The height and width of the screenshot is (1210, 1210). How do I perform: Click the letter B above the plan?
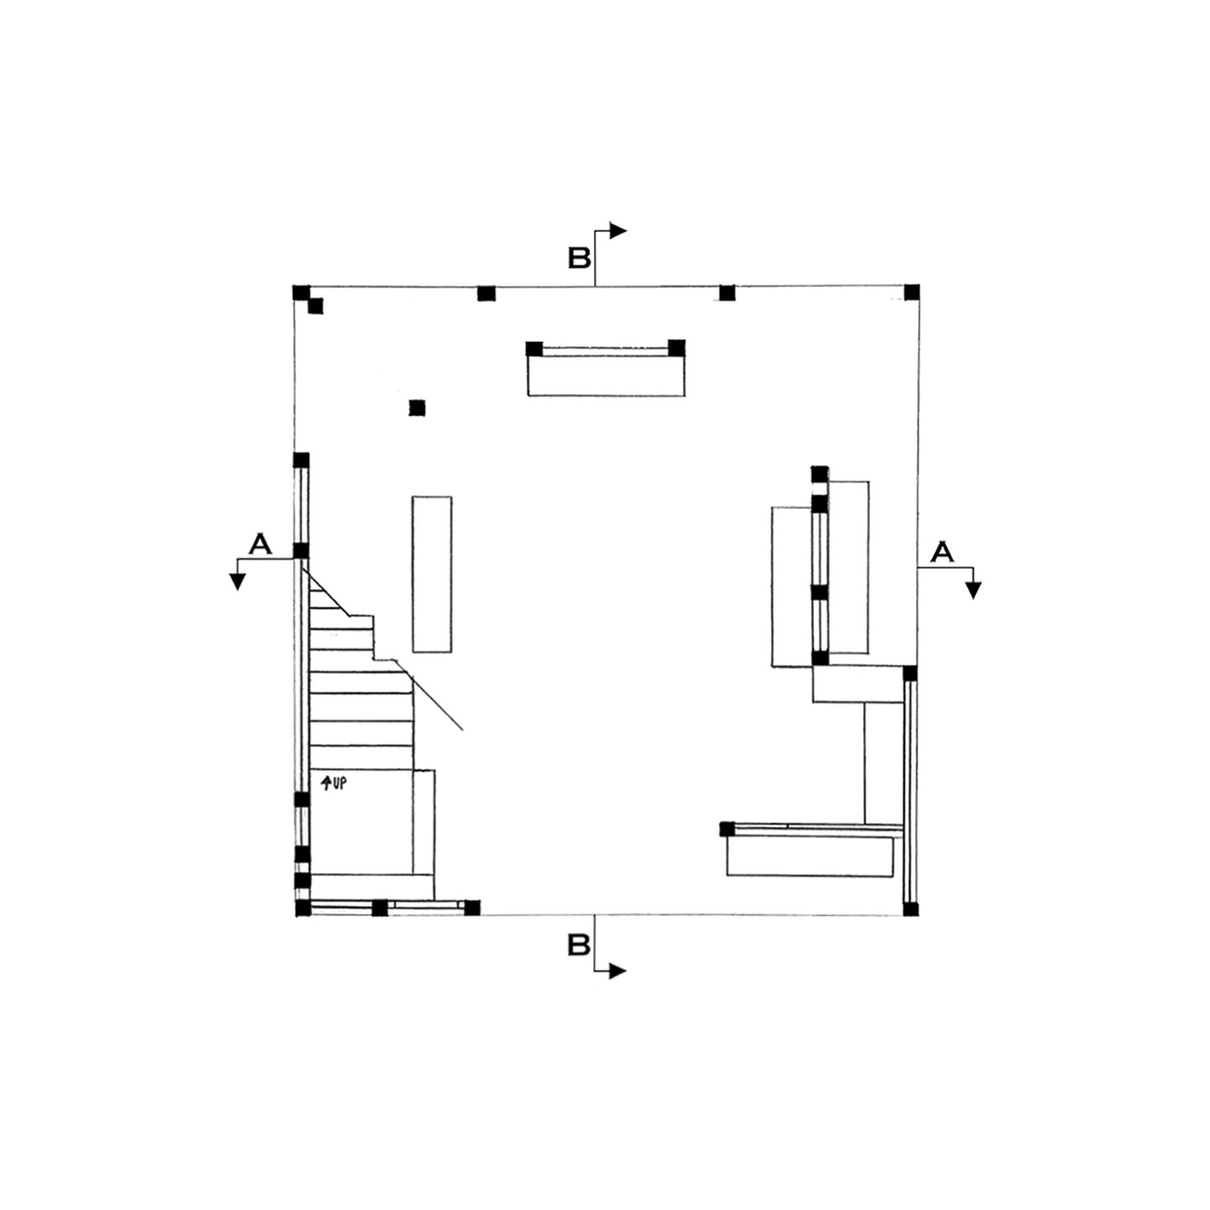click(x=579, y=258)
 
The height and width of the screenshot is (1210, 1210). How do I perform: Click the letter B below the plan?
click(x=579, y=945)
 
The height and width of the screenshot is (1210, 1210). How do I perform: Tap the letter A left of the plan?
click(x=260, y=544)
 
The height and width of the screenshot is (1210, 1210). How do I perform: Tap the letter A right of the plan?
click(x=942, y=552)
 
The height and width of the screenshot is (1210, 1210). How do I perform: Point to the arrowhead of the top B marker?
click(x=618, y=231)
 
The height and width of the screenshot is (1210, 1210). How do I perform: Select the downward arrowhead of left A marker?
click(x=237, y=582)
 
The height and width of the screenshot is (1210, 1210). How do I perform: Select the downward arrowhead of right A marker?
click(x=973, y=590)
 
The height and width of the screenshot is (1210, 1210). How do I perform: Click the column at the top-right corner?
click(x=912, y=292)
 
